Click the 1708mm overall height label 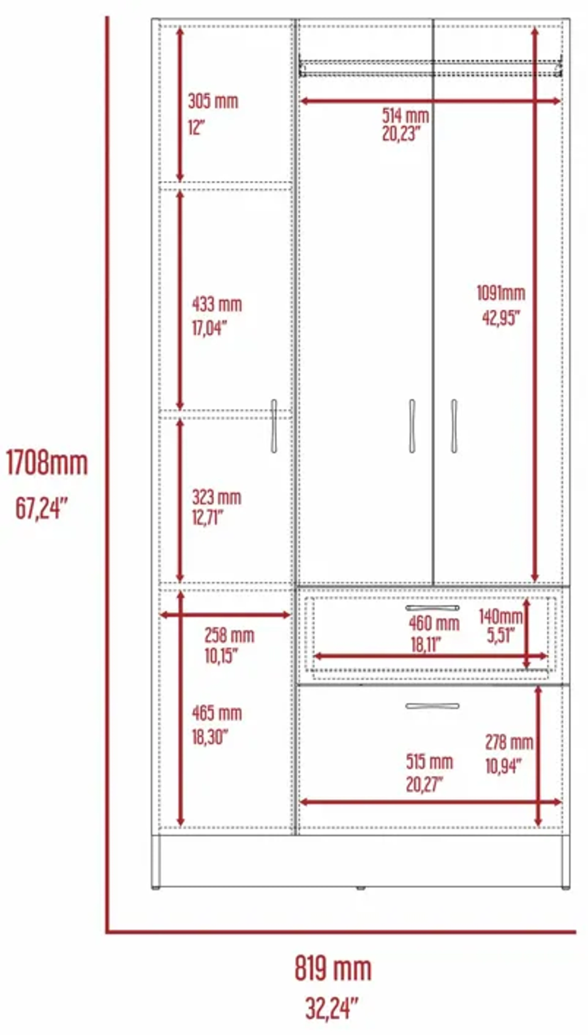point(47,463)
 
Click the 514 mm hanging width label point(405,116)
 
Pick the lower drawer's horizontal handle point(432,706)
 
